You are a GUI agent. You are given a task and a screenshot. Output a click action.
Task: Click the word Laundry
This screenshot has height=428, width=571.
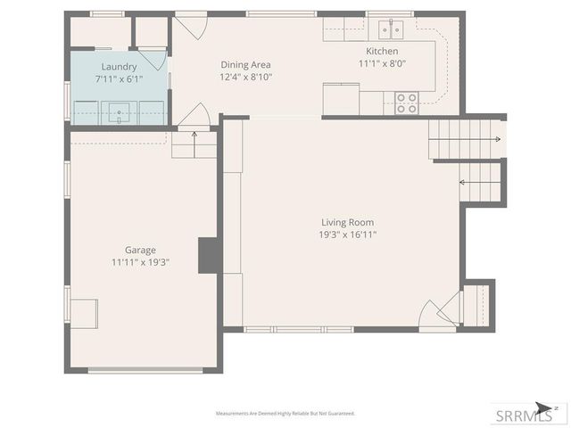(119, 67)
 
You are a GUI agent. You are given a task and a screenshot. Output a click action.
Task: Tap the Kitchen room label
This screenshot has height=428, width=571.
(378, 52)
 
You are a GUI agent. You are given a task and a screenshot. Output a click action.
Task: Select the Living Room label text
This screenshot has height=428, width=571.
(348, 222)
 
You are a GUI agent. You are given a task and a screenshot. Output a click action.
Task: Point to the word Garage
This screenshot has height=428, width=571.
(140, 251)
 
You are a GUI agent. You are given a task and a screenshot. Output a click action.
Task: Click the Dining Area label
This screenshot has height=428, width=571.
(245, 65)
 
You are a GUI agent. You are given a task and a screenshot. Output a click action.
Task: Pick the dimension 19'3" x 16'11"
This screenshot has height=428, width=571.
(348, 235)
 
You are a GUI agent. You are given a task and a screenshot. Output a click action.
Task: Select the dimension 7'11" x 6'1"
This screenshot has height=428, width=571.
(119, 79)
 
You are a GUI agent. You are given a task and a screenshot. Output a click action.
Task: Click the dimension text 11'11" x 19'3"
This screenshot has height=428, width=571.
(140, 263)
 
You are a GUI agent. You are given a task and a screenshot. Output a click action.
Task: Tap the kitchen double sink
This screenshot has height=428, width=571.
(389, 30)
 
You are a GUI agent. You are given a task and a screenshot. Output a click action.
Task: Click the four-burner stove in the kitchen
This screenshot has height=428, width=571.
(407, 103)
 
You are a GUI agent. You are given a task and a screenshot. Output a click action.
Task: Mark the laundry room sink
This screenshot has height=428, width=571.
(119, 112)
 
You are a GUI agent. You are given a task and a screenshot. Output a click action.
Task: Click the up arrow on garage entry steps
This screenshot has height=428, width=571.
(195, 136)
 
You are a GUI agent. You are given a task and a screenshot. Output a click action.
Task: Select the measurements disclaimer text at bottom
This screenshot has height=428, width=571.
(285, 414)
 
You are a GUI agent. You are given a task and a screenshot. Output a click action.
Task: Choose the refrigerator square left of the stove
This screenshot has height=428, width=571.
(341, 98)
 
